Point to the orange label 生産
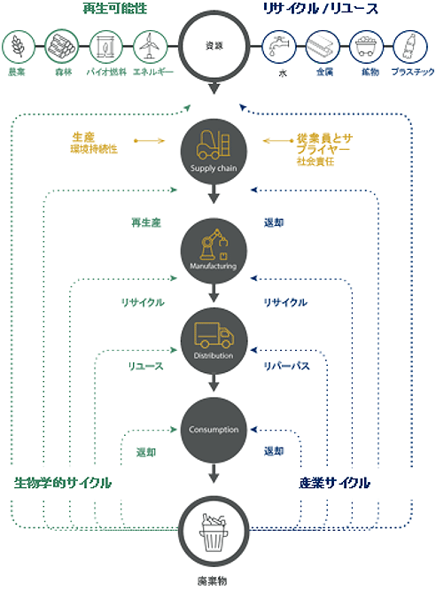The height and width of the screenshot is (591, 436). [x=82, y=137]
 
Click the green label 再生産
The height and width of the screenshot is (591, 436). [x=146, y=222]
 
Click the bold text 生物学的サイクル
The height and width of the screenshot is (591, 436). [x=63, y=483]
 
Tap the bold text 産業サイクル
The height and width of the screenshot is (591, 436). [x=335, y=483]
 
